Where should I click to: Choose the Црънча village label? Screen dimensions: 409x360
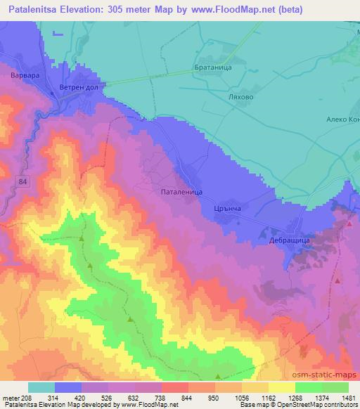[229, 209]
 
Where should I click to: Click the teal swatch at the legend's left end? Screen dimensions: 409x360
[41, 387]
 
